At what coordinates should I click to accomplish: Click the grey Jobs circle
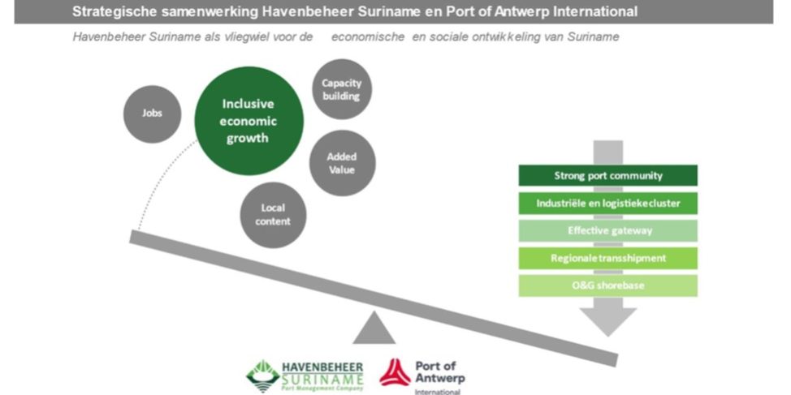tap(153, 113)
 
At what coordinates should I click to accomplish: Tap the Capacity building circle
tap(341, 89)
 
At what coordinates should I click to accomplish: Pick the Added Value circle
tap(342, 162)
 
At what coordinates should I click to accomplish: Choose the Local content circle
tap(272, 214)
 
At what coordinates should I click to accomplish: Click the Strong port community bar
tap(607, 176)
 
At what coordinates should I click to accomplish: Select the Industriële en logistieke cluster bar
tap(607, 204)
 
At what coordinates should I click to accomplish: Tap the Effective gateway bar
tap(607, 231)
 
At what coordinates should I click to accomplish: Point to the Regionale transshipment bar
tap(607, 259)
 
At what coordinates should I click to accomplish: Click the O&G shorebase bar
tap(607, 286)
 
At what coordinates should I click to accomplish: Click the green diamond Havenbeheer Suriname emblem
tap(262, 374)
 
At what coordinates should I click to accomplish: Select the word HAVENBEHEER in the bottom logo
tap(322, 366)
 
